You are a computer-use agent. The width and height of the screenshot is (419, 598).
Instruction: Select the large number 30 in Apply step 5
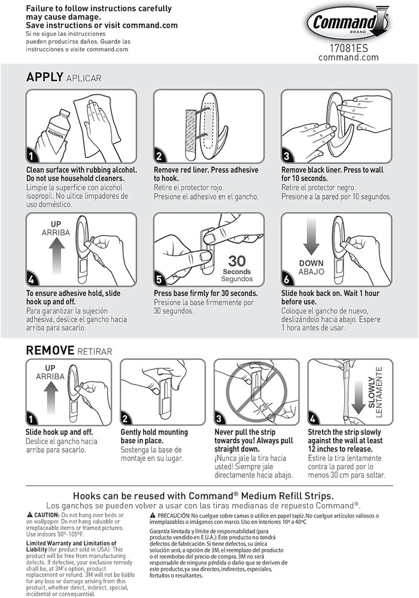pos(236,261)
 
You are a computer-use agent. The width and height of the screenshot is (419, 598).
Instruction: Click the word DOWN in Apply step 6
pos(311,263)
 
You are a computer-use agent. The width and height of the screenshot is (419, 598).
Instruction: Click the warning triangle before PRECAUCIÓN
pos(153,515)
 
